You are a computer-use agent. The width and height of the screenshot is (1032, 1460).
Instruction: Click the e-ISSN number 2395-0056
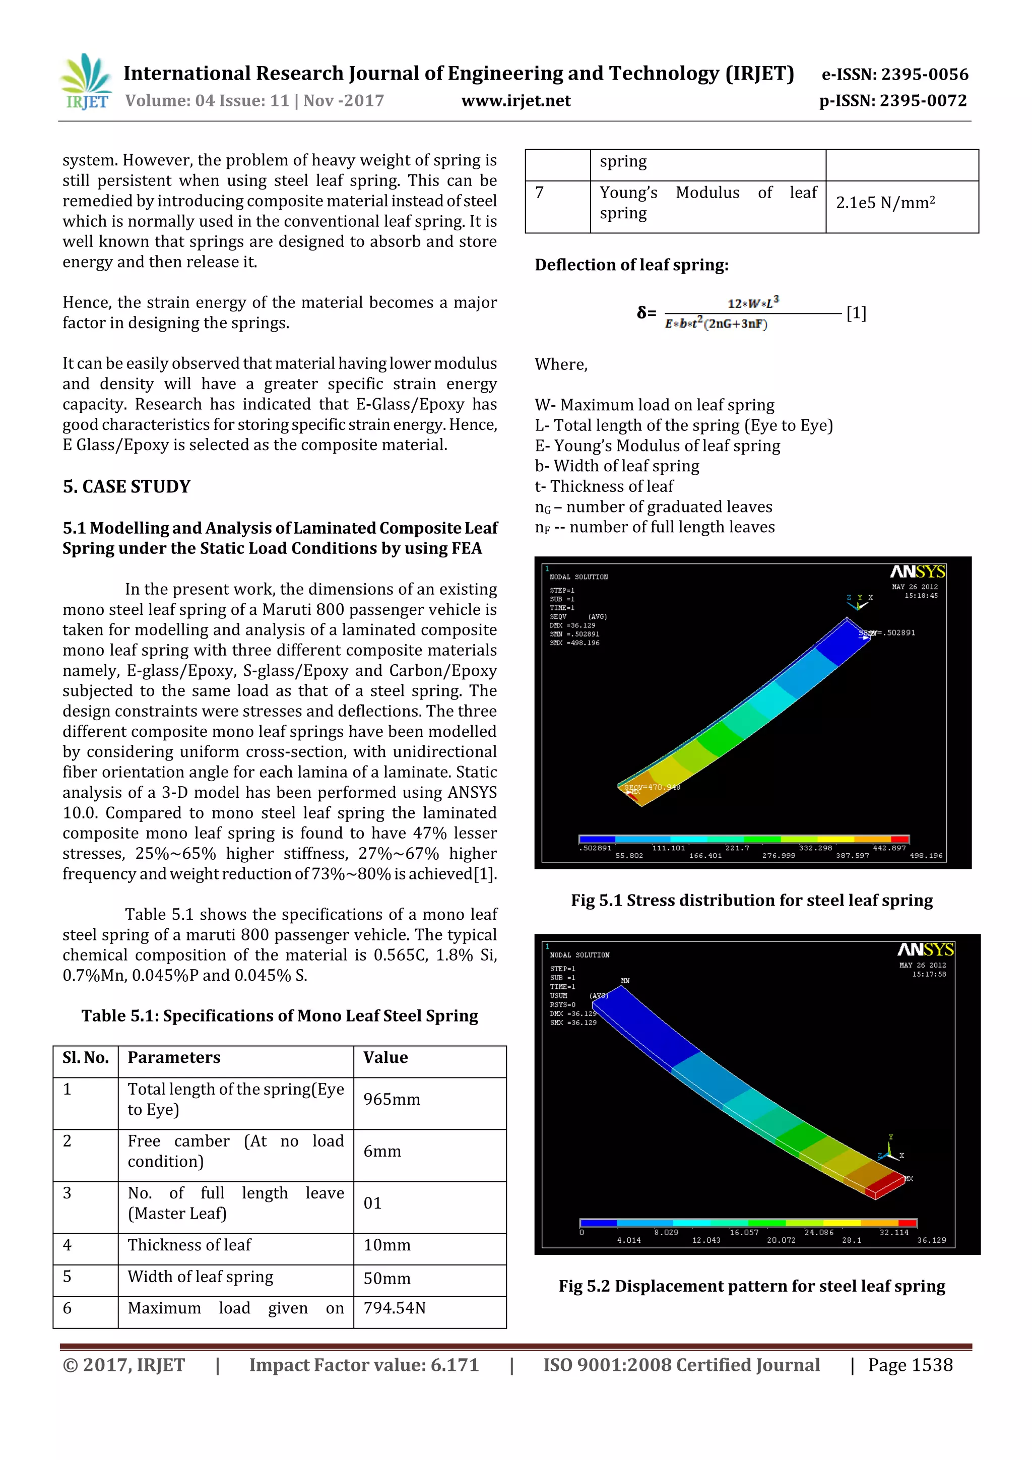pos(894,75)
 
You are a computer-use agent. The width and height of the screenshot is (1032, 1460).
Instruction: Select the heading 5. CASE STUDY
pos(126,486)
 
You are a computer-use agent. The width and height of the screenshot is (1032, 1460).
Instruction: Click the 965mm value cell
pos(392,1100)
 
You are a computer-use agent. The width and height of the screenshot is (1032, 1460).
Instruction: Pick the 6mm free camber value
pos(382,1152)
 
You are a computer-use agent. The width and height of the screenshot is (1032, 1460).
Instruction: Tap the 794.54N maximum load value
pos(394,1308)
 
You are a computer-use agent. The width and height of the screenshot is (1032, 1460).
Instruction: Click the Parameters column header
pos(173,1057)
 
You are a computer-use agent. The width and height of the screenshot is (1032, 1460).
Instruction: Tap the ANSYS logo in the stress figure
pos(917,572)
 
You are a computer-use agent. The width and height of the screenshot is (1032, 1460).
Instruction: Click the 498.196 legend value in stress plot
pos(926,856)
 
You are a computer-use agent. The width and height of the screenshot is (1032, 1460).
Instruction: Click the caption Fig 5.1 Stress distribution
pos(752,901)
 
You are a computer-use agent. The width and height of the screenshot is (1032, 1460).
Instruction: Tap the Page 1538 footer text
pos(910,1365)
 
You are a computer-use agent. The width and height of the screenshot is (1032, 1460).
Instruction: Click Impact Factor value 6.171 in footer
pos(364,1365)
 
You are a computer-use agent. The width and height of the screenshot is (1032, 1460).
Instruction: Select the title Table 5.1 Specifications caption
pos(279,1016)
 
